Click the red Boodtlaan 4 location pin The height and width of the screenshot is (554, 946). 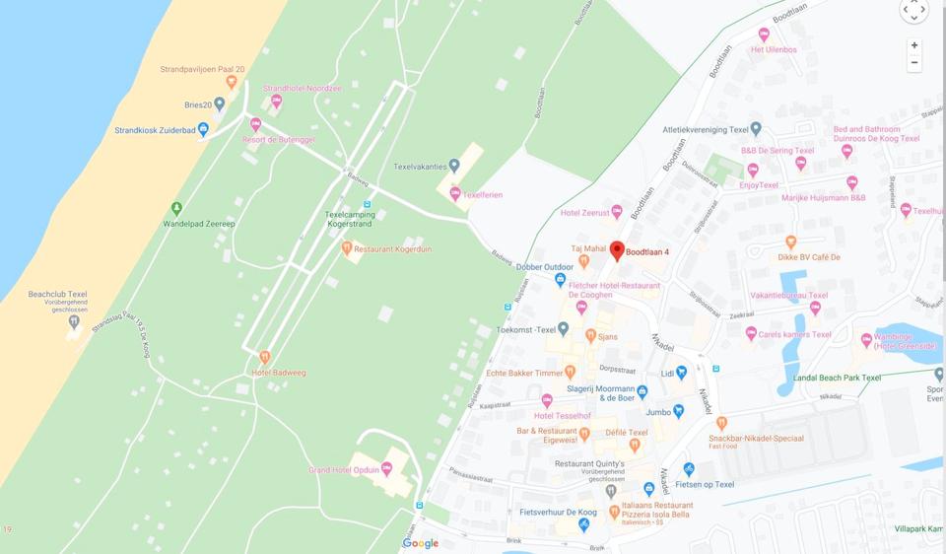coord(617,250)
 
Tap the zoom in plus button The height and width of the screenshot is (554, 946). coord(914,45)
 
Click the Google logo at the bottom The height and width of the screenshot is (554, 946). coord(421,543)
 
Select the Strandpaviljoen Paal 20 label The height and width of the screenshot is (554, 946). coord(202,69)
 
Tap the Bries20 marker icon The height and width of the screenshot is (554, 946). coord(220,104)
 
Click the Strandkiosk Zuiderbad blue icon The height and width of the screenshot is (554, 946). coord(203,129)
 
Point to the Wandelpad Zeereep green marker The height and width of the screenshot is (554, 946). coord(176,208)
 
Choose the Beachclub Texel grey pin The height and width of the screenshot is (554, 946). coord(74,321)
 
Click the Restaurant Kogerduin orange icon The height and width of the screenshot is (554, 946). coord(347,248)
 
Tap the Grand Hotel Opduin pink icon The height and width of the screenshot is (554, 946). coord(387,469)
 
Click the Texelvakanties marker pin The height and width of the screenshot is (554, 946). coord(454,166)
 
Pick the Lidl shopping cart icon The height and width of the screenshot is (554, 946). coord(681,374)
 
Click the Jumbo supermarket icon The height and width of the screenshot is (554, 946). coord(678,411)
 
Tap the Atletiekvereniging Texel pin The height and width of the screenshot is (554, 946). coord(756,128)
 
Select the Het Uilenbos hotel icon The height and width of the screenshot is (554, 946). coord(764,35)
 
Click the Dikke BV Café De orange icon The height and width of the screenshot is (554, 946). coord(790,242)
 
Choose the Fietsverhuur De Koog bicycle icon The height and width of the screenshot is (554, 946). coord(584,525)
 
